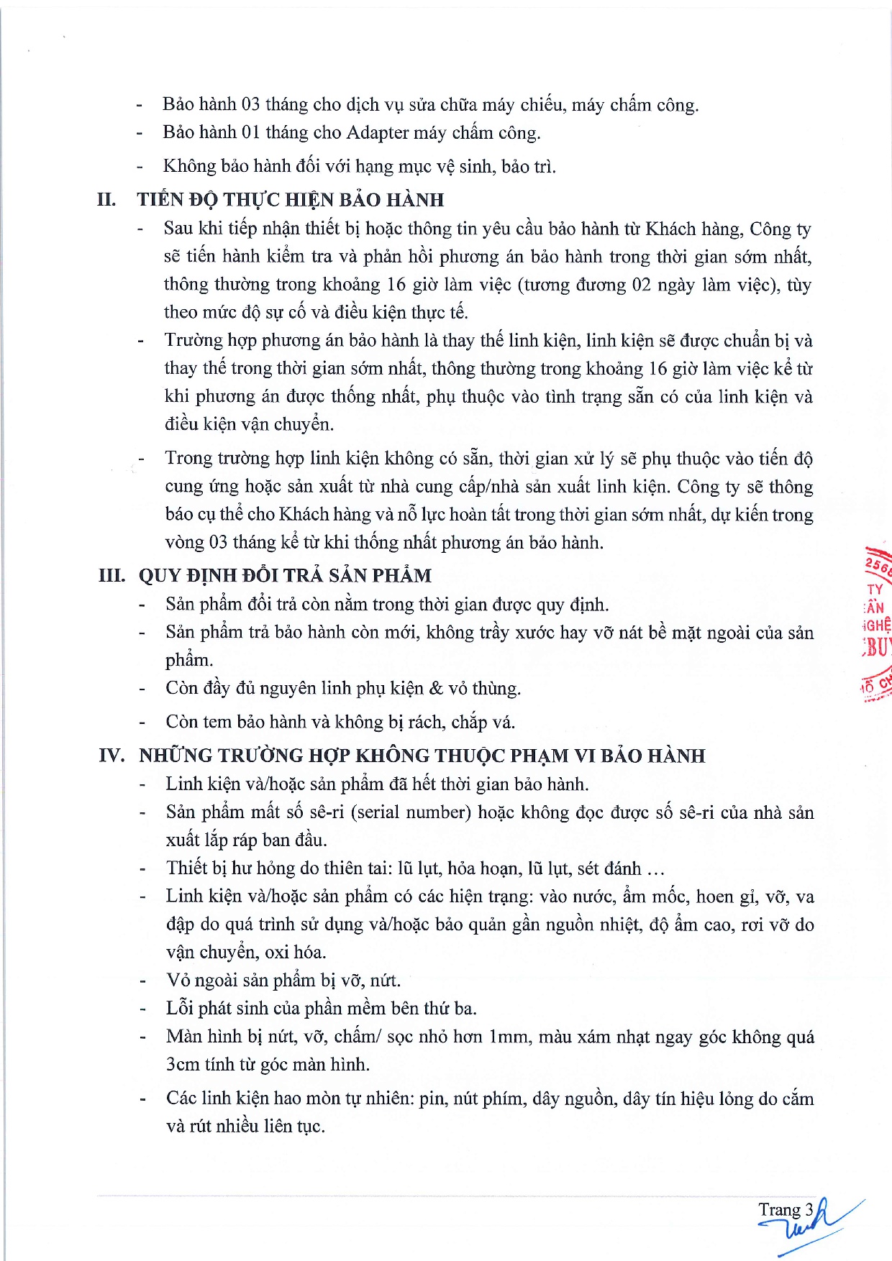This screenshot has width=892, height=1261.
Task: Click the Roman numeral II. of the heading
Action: (x=106, y=199)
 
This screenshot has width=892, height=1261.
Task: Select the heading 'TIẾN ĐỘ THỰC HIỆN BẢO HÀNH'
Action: (x=291, y=200)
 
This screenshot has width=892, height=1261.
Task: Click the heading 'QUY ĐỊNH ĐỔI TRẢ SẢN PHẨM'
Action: (x=285, y=576)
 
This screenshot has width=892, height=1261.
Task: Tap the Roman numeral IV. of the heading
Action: (x=111, y=756)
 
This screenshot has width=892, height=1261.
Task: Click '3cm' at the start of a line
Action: (x=183, y=1065)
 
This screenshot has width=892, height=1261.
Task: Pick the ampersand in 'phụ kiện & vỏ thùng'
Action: (x=436, y=689)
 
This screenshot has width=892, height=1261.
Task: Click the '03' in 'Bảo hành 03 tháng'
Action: (x=250, y=105)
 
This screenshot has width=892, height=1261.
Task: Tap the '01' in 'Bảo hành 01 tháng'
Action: (x=250, y=133)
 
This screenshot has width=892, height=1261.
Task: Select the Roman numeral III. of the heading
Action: (x=111, y=576)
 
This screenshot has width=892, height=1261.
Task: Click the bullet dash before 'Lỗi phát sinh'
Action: (x=143, y=1009)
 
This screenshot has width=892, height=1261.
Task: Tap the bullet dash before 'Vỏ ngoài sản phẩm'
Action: (x=143, y=981)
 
